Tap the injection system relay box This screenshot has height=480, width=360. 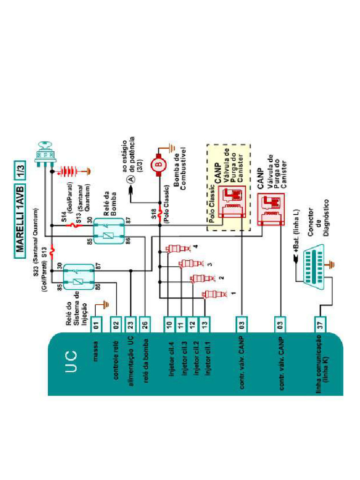point(77,281)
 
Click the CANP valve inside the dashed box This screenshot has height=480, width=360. point(233,199)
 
